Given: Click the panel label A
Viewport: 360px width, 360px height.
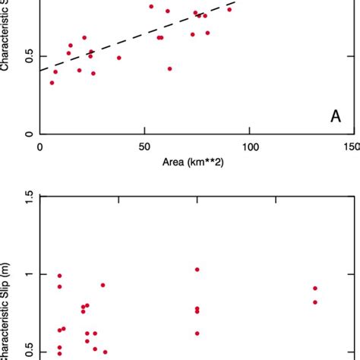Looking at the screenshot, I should [335, 116].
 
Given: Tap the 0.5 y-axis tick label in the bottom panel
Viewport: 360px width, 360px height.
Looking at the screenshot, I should [27, 352].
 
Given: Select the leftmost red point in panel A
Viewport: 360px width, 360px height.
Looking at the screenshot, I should [52, 83].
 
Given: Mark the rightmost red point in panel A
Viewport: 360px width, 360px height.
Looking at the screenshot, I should [229, 9].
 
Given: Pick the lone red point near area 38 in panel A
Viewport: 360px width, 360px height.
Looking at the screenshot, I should [119, 58].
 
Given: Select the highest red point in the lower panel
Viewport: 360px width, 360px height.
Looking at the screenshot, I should [197, 270].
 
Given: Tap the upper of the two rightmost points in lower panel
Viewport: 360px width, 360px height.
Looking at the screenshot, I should [315, 288].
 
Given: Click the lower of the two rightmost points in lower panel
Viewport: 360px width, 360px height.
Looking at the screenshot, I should [315, 302].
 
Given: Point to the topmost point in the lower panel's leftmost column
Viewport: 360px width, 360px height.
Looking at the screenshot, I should [60, 276].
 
